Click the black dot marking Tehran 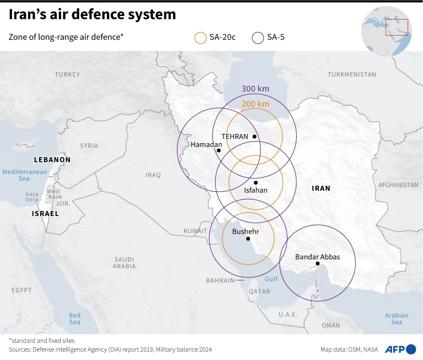(254, 137)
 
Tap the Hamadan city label (206, 144)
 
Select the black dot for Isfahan (256, 182)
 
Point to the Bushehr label (246, 232)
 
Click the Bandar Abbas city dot (318, 264)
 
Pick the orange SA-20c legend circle (200, 37)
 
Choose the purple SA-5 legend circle (258, 37)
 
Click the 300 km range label (256, 89)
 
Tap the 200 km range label (256, 104)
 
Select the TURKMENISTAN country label (352, 74)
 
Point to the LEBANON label (52, 159)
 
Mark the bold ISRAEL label (45, 213)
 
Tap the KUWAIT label (196, 231)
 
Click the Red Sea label (74, 319)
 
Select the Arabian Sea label (397, 319)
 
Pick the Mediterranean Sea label (25, 175)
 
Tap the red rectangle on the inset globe (397, 27)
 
